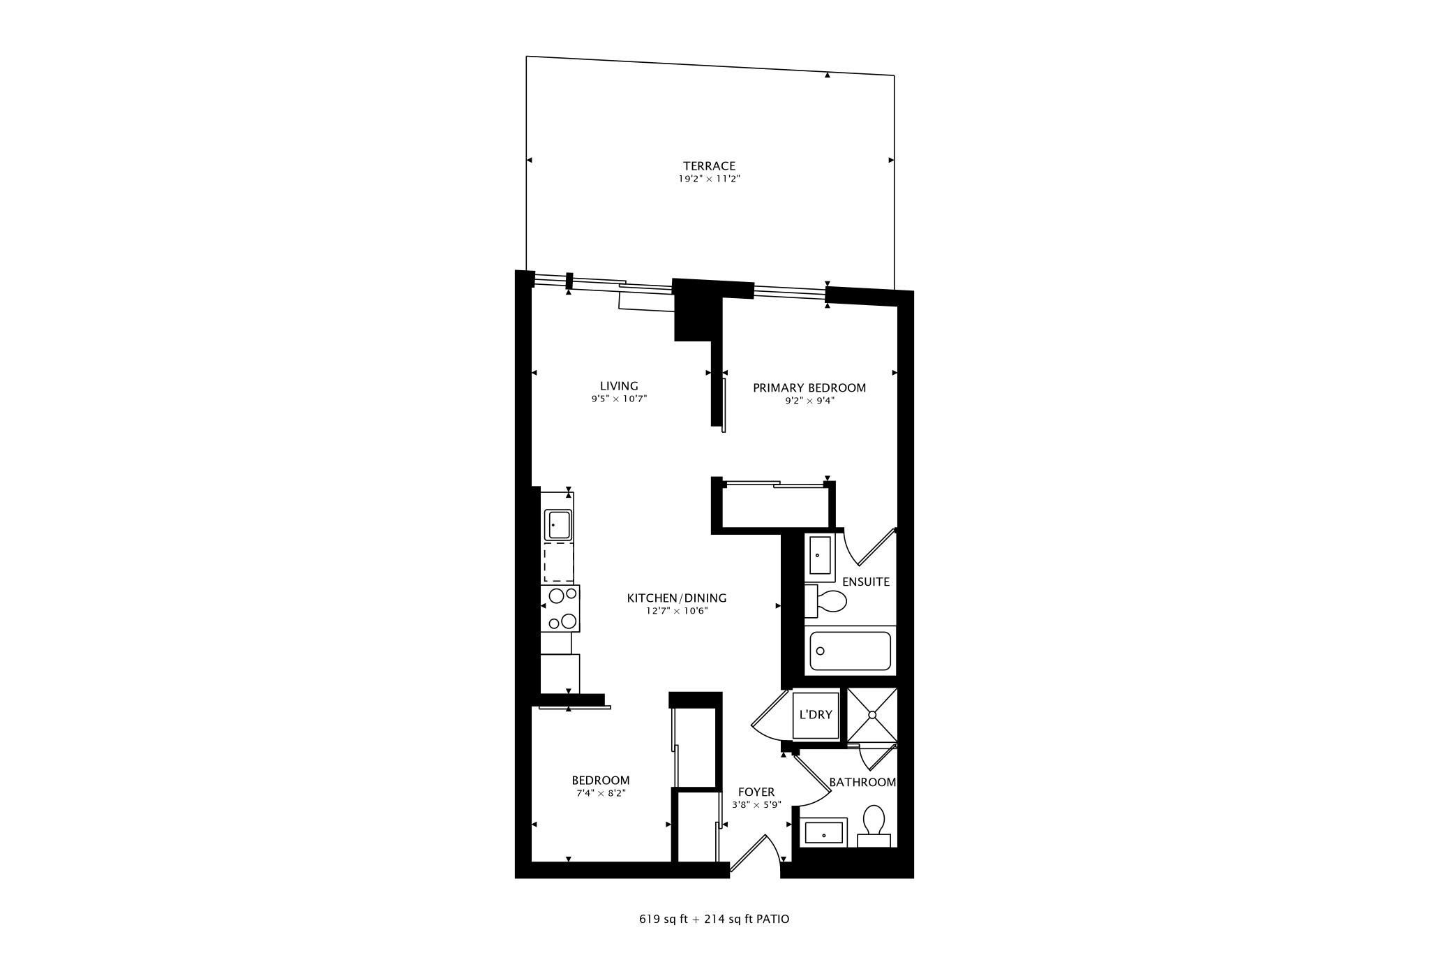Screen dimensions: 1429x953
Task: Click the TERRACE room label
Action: click(x=709, y=166)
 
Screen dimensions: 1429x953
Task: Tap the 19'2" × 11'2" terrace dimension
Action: click(x=709, y=179)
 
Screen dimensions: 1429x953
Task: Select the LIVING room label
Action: click(x=619, y=386)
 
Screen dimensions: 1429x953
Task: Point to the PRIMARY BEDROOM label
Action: click(x=809, y=387)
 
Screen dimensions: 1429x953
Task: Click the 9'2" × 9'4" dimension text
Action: click(x=809, y=401)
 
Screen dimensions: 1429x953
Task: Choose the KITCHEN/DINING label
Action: click(x=677, y=598)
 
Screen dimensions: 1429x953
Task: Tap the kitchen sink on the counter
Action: click(x=558, y=524)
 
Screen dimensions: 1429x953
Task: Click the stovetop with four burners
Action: click(x=561, y=608)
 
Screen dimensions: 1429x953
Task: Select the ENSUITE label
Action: click(x=866, y=582)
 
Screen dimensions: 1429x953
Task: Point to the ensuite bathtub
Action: click(x=850, y=651)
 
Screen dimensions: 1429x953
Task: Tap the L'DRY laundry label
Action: click(x=816, y=715)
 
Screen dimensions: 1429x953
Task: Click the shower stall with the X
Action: click(x=871, y=715)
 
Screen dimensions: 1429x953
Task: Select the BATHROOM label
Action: click(x=862, y=782)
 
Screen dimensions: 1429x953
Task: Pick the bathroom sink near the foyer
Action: click(x=823, y=833)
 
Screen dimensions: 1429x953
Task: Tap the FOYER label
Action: click(x=756, y=792)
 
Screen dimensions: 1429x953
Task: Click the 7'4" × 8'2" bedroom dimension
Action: click(x=601, y=793)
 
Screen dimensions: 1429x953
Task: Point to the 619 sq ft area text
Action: click(x=662, y=919)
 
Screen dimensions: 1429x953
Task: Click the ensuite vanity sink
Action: click(x=820, y=556)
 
